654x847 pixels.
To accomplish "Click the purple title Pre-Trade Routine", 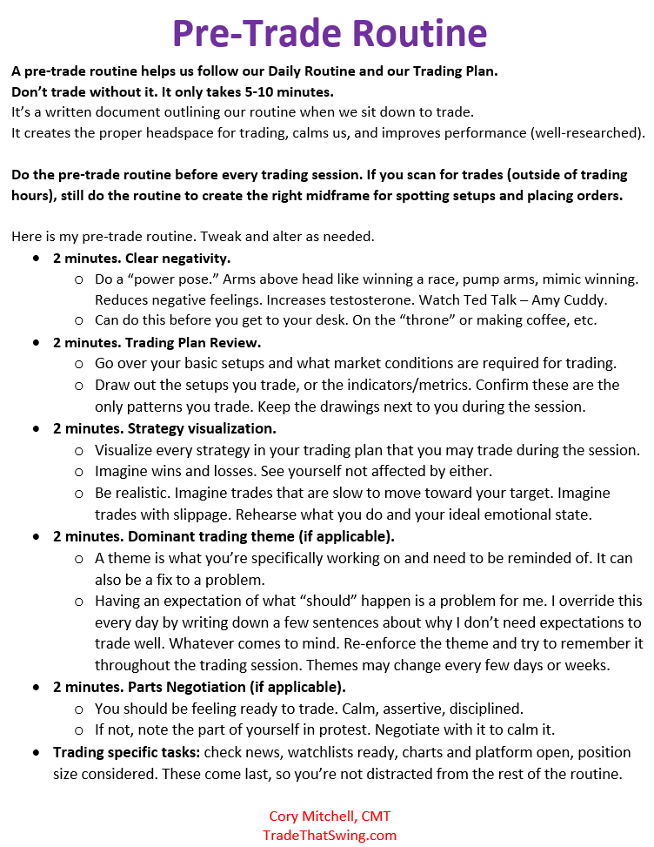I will click(329, 32).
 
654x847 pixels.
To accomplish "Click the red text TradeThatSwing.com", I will click(330, 835).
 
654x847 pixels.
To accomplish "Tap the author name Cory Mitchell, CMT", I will click(330, 816).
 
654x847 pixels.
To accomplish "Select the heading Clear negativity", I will click(178, 259).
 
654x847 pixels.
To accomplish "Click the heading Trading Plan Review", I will click(194, 343).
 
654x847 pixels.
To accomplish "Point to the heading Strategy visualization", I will click(202, 428).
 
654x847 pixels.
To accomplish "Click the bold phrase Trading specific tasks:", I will click(127, 751).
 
